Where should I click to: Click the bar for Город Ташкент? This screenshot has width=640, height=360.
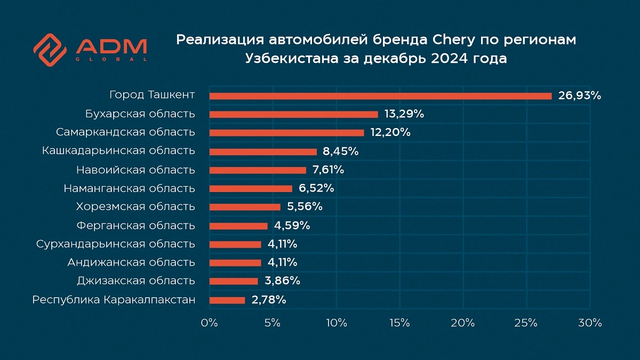380,96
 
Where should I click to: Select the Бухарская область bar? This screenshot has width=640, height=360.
293,114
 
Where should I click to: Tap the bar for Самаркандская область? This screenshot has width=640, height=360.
286,133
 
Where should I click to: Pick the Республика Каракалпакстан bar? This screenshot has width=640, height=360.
227,300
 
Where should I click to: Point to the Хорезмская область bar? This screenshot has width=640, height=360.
245,207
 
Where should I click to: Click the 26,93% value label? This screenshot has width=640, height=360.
580,96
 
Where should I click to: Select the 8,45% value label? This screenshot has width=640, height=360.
340,151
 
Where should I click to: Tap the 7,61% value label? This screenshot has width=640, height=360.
328,170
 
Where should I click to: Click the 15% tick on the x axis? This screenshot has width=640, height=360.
399,323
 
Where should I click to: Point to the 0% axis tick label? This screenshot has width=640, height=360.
209,323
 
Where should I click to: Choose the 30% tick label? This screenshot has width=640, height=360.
590,323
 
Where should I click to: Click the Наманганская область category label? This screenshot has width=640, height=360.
129,188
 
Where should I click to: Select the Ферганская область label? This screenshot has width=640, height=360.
135,226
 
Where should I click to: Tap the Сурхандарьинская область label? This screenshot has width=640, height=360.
116,244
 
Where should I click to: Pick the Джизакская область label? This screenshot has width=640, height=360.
135,281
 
